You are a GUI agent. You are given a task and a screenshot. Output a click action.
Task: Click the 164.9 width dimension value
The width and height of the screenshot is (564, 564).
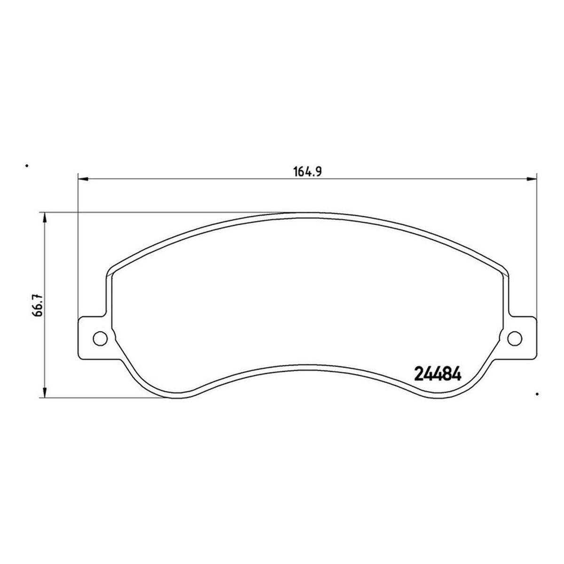tap(307, 172)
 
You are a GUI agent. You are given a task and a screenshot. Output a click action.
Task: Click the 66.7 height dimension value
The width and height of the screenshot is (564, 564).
tap(39, 305)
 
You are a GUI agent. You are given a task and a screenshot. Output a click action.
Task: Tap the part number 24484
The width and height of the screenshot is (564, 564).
tap(438, 374)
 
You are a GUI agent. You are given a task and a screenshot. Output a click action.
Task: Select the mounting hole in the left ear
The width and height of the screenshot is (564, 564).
tap(100, 339)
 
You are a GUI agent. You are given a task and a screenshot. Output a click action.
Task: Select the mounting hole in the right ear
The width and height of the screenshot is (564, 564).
tap(515, 339)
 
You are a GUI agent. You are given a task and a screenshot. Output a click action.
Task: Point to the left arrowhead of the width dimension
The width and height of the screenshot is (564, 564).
tap(83, 179)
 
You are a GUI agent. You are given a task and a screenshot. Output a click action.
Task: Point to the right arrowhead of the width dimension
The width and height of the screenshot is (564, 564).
tap(531, 179)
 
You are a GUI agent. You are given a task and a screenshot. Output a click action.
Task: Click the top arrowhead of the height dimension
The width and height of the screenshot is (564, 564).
tap(45, 218)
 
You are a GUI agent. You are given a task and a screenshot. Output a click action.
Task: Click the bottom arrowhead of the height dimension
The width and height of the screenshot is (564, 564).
tap(45, 392)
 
